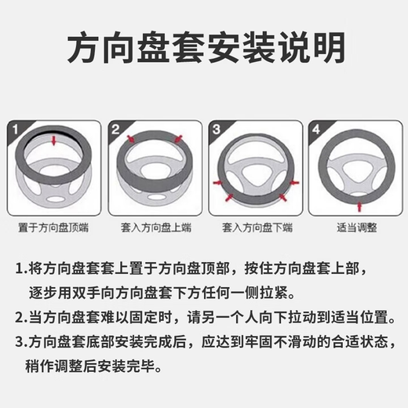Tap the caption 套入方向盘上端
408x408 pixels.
[x=153, y=228]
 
